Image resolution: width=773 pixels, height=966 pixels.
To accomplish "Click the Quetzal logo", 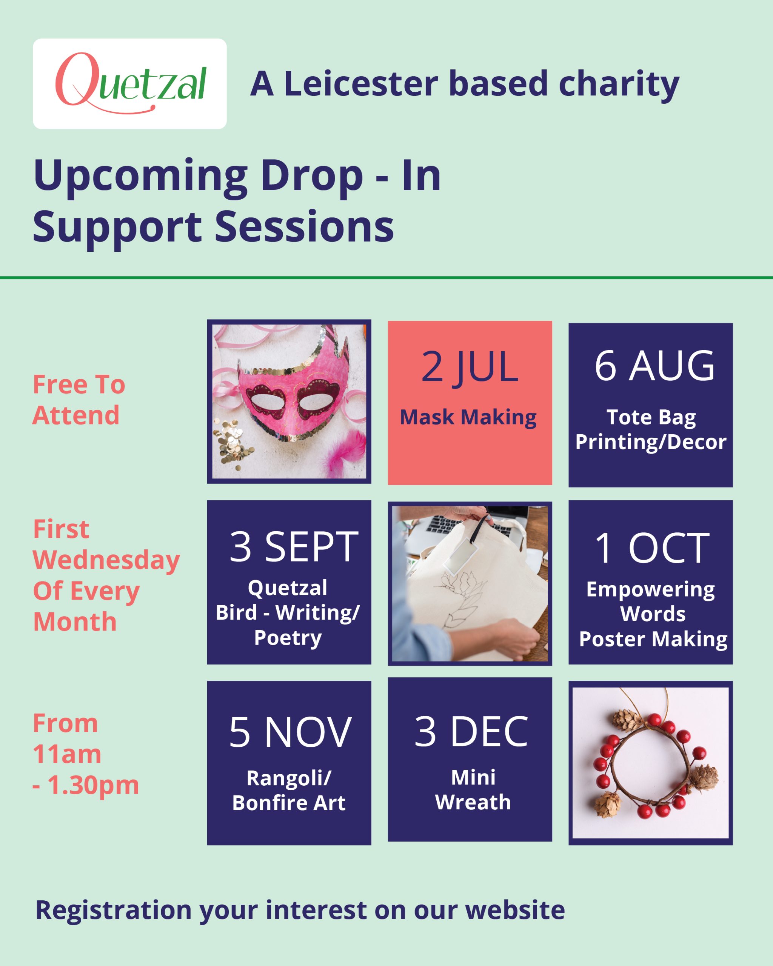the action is point(130,83).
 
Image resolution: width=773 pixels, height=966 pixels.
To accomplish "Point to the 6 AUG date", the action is point(654,366).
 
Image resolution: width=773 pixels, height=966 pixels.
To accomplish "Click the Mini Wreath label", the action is point(473,789).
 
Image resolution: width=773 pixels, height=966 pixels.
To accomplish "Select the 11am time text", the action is point(67,754).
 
